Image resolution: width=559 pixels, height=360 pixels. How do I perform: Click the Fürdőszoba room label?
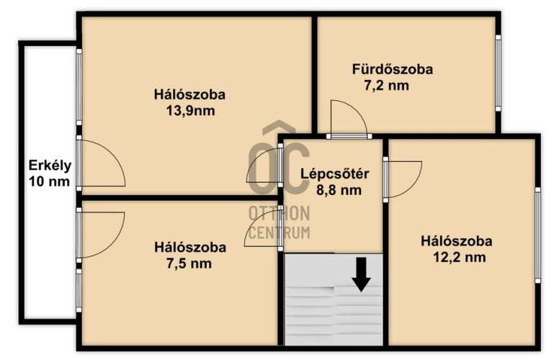coord(393,69)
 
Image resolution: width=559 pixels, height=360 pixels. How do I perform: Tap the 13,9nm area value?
coord(190,111)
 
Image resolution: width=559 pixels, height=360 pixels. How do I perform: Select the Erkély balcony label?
coord(50,166)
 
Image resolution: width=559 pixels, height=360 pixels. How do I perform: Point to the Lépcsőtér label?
coord(335,174)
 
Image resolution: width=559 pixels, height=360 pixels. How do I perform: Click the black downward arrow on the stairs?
coord(362,274)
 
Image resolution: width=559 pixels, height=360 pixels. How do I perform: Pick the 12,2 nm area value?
coord(459,257)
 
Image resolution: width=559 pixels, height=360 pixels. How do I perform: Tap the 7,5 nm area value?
coord(189,264)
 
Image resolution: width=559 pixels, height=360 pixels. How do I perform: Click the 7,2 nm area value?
coord(386,86)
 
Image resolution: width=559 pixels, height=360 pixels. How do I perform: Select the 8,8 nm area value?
coord(339,190)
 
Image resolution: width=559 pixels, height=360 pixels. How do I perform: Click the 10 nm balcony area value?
coord(49,181)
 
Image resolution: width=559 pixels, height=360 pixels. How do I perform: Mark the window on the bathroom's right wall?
coord(498,73)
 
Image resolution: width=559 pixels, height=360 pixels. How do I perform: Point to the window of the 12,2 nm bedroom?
coord(537,235)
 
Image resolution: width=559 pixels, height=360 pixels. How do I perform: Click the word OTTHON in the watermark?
coord(279,214)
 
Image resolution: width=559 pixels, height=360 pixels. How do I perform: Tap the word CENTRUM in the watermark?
coord(279,233)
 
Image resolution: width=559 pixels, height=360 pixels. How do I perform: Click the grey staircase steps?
coord(334,299)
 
